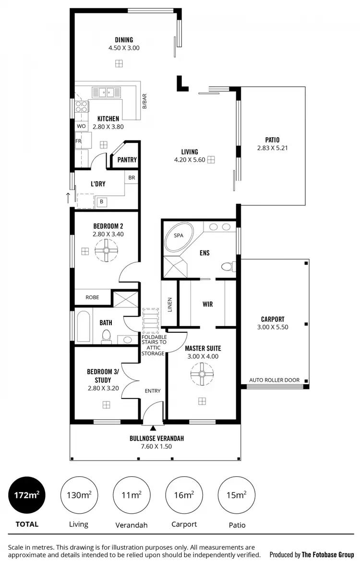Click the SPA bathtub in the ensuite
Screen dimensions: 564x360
pos(178,237)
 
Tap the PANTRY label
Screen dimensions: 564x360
pos(127,160)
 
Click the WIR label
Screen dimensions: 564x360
pos(207,304)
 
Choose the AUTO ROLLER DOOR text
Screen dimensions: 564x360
pos(274,380)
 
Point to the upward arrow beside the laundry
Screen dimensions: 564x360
pos(68,197)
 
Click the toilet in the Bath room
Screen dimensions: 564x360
pos(106,337)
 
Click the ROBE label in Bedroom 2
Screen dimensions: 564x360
pos(92,297)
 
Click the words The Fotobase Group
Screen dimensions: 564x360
pos(328,554)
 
